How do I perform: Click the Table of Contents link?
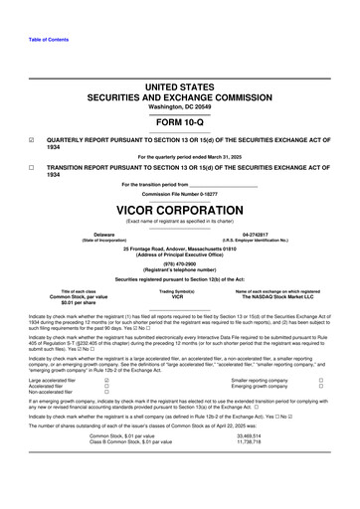32,39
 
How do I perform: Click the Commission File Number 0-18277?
179,193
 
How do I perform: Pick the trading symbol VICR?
179,297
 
